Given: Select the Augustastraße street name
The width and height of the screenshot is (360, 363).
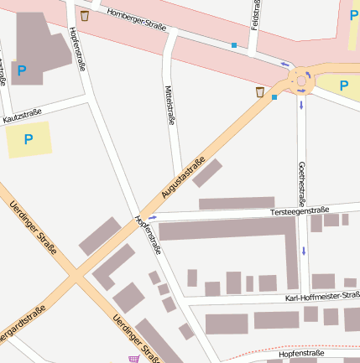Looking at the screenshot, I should [184, 179].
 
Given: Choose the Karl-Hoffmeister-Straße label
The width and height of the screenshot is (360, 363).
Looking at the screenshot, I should [322, 297].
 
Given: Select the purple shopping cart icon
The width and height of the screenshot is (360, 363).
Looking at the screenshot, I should [133, 359].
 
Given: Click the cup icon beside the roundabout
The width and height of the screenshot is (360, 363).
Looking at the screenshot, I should [261, 91].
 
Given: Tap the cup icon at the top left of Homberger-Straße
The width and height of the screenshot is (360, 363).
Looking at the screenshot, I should [84, 15].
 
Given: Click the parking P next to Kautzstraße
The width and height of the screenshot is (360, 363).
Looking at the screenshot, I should [29, 139].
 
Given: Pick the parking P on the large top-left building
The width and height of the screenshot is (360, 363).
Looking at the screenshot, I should [22, 71].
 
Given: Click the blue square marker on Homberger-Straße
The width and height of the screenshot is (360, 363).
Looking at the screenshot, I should [234, 44].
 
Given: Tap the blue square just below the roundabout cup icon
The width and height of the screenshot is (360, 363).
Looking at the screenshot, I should [274, 97].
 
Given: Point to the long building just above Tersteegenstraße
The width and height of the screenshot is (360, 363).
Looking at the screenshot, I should [237, 203].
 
